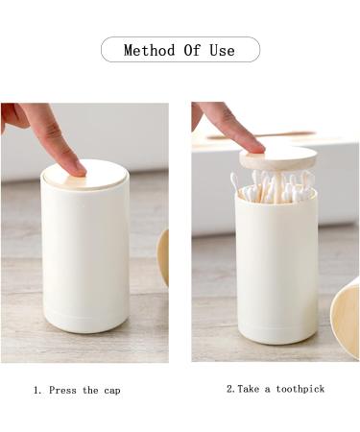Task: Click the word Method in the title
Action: (x=148, y=50)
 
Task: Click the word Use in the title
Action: (x=222, y=50)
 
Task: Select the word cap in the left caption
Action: (x=110, y=391)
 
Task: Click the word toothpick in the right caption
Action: (x=300, y=389)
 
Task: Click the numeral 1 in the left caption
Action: (x=36, y=391)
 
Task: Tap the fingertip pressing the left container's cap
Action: (x=70, y=162)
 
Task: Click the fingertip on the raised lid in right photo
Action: (x=246, y=143)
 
